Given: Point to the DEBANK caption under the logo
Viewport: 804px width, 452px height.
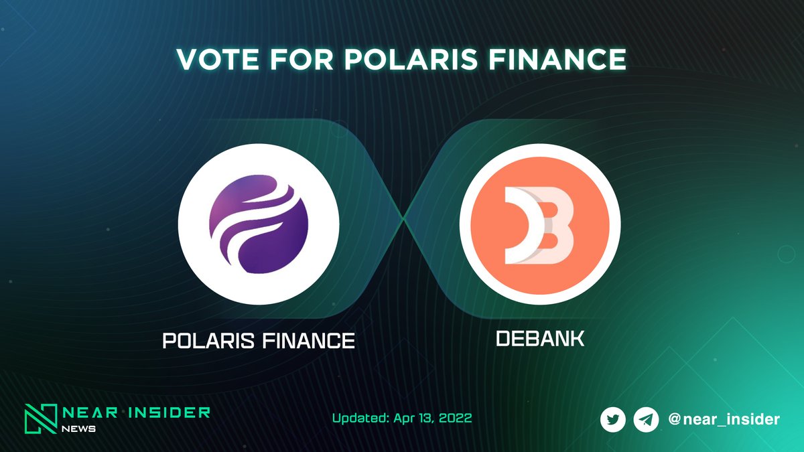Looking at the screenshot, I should coord(540,338).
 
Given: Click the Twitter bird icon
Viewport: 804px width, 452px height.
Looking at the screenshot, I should coord(613,420).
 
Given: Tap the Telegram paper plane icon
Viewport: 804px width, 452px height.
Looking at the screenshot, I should coord(646,420).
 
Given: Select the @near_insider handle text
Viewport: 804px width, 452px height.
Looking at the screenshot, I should coord(724,420).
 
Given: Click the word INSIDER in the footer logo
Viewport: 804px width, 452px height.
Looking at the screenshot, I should coord(171,412).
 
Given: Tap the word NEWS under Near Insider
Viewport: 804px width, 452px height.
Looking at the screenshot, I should coord(80,429).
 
